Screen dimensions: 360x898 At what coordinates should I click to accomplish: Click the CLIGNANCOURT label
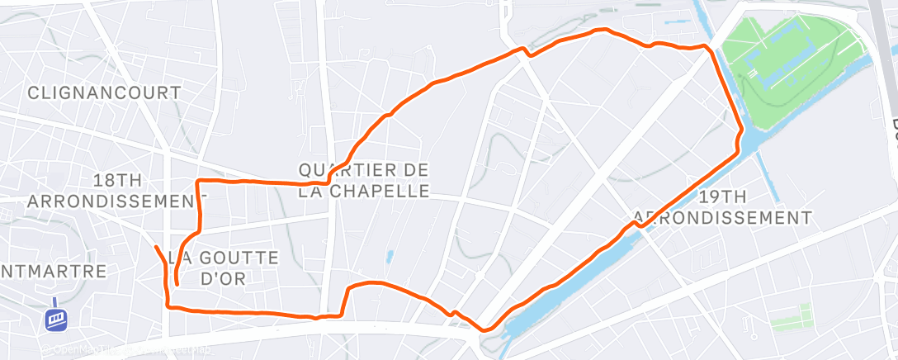click(x=104, y=92)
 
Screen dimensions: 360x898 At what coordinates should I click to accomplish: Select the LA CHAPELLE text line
click(x=364, y=191)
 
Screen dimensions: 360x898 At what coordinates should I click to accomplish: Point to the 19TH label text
click(x=722, y=197)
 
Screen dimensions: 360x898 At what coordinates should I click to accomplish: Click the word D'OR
click(x=224, y=278)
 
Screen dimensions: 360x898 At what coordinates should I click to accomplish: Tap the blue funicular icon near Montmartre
click(x=56, y=317)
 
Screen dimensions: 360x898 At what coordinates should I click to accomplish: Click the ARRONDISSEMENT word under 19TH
click(x=722, y=218)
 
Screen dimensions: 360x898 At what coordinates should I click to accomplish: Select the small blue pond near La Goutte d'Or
click(x=389, y=257)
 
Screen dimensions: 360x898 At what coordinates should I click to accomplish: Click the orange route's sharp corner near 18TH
click(x=198, y=180)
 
